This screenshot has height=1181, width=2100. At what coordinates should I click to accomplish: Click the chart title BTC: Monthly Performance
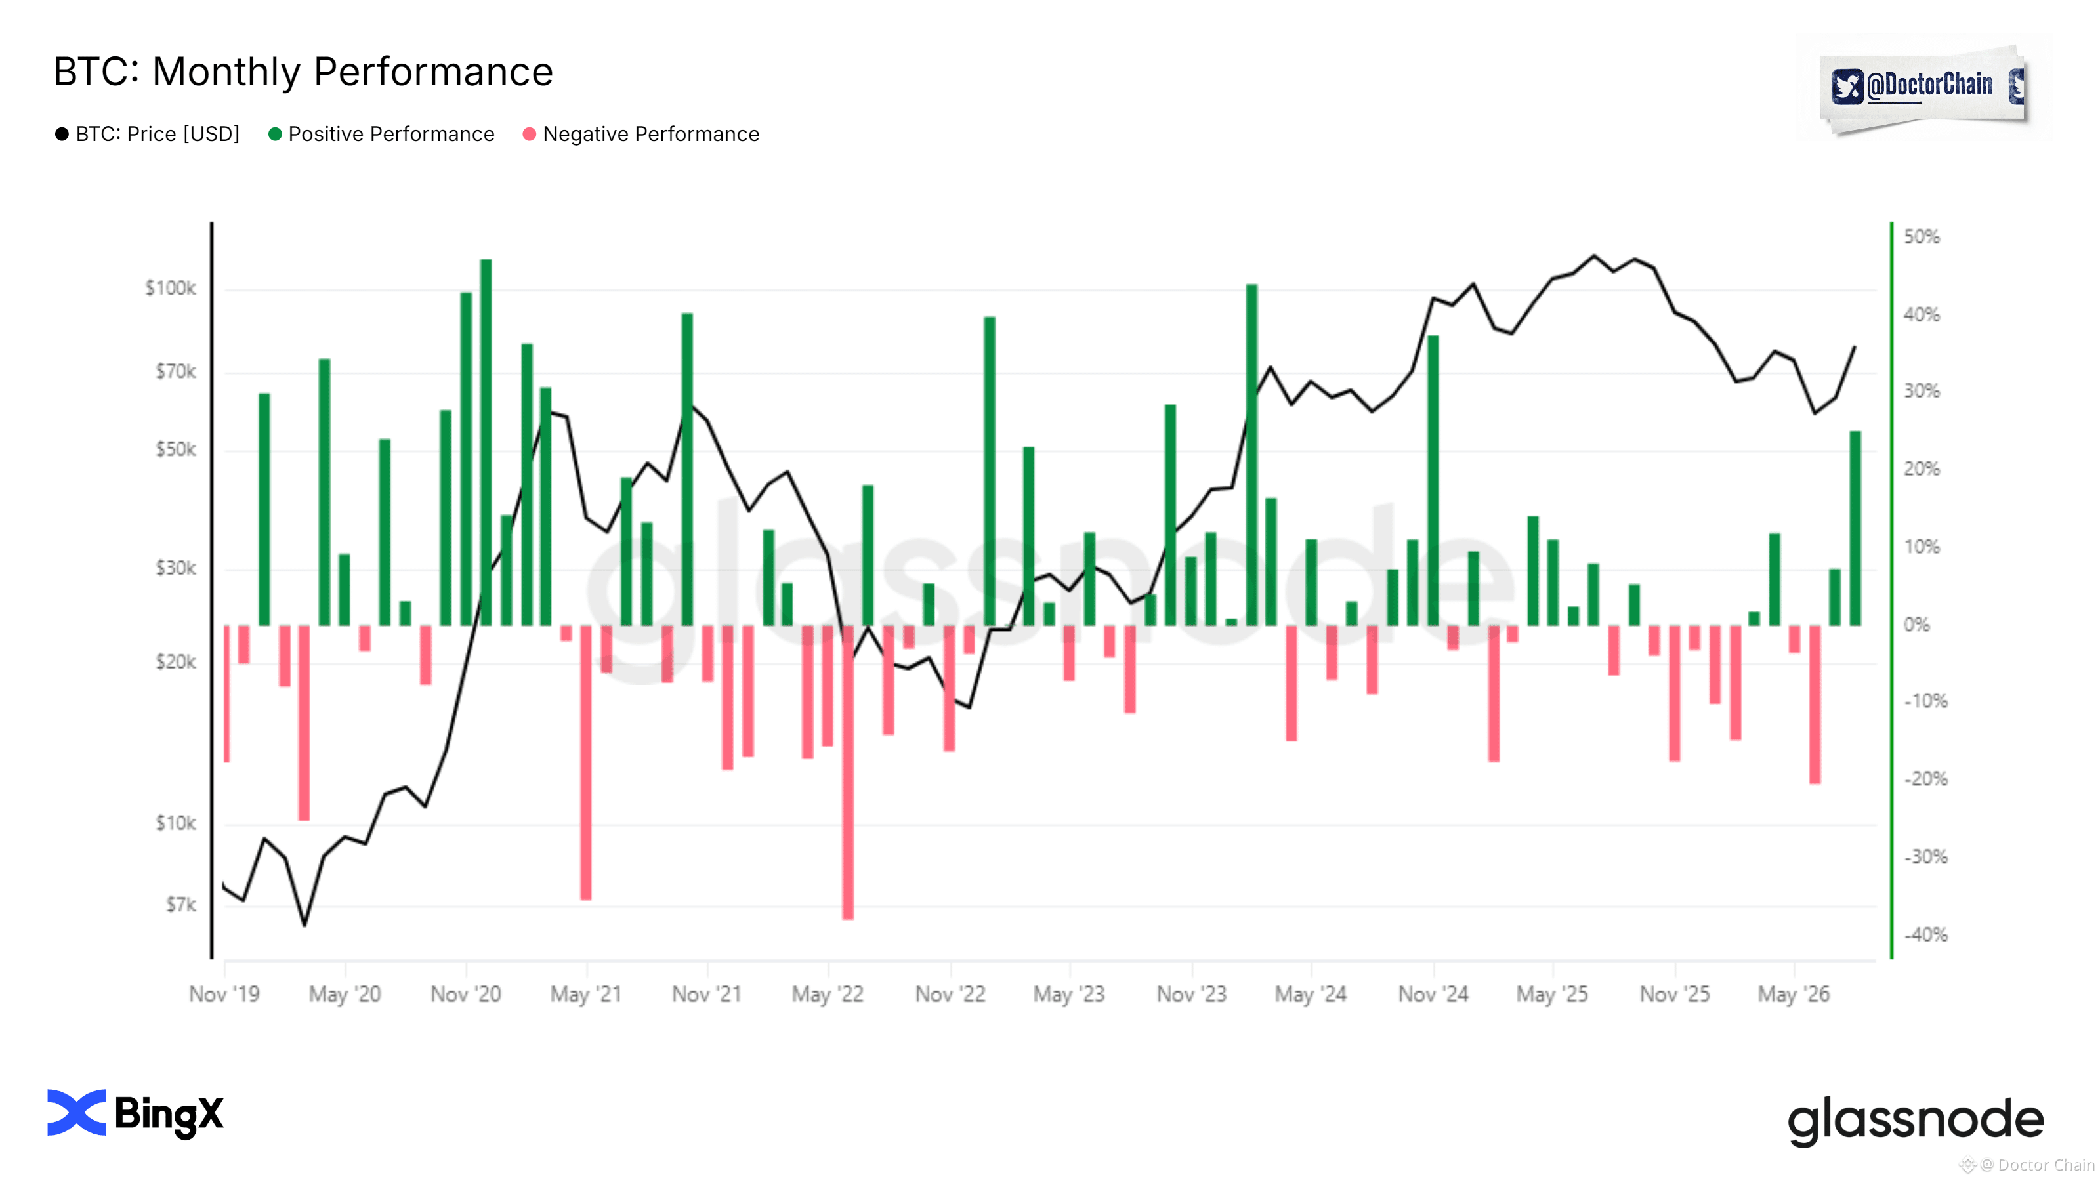point(303,72)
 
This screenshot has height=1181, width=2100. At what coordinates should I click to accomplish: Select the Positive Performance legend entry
point(381,134)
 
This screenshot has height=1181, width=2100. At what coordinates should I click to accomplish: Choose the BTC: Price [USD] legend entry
point(148,134)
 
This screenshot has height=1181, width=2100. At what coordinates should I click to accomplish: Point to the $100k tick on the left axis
point(171,288)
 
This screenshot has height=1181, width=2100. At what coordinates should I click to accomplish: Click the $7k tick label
point(181,905)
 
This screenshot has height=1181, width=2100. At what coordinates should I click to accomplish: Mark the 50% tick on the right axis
point(1921,237)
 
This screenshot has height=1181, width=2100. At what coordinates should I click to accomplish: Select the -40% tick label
point(1925,935)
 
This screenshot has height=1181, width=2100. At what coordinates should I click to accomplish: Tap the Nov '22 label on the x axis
point(950,995)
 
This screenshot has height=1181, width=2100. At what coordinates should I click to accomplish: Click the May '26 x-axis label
point(1794,995)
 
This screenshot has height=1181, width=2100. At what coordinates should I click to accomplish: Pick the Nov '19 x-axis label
point(224,995)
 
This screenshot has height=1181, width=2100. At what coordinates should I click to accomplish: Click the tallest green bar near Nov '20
point(486,443)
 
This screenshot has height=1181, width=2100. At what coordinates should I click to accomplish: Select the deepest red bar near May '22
point(848,773)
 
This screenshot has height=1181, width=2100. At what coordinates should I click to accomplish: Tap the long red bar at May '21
point(586,763)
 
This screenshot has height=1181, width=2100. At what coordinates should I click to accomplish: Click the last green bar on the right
point(1855,528)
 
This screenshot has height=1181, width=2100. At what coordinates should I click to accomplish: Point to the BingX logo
point(135,1113)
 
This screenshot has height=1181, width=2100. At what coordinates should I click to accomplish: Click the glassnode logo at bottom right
point(1916,1121)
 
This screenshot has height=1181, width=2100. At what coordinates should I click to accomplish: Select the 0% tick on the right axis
point(1916,625)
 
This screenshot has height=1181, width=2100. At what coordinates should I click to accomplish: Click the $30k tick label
point(175,568)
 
